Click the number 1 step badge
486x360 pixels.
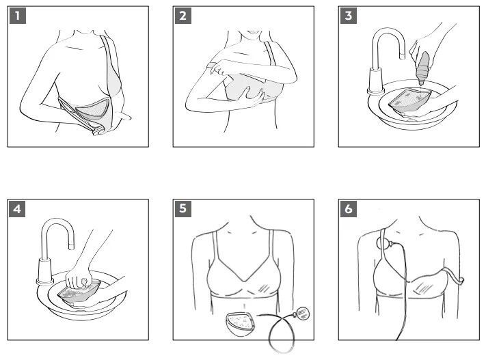click(17, 16)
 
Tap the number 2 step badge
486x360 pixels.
click(183, 16)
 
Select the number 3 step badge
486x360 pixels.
click(349, 16)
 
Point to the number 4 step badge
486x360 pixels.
click(17, 209)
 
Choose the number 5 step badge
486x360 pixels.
click(183, 209)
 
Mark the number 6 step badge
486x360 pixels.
click(349, 209)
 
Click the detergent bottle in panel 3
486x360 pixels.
click(423, 69)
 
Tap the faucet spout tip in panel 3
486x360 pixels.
click(402, 57)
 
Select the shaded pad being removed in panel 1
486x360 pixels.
click(90, 111)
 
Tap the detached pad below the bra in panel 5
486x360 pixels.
click(240, 324)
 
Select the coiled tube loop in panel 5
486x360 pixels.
click(280, 336)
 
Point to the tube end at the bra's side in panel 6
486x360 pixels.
click(461, 280)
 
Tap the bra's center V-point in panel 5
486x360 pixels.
click(245, 281)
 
